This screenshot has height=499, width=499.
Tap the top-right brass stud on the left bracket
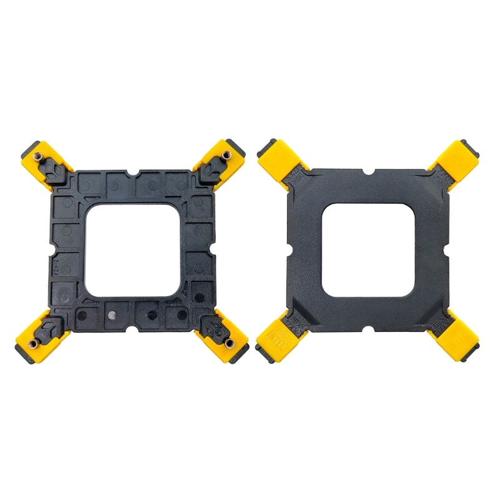coord(223,154)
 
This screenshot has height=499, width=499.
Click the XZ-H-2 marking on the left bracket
coord(56,265)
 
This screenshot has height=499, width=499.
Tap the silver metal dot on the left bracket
coord(112,314)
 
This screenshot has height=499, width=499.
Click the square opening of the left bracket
coord(135,249)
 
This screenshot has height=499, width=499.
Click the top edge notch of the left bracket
coord(135,172)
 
